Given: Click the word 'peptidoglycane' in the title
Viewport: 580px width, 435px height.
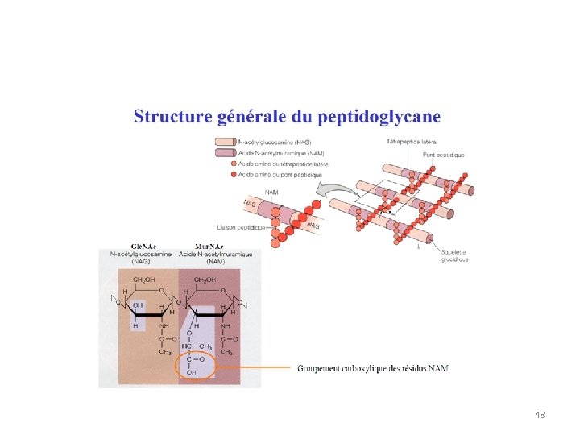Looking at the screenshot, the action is tap(379, 118).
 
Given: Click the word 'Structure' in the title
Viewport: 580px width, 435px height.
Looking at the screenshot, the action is tap(172, 117).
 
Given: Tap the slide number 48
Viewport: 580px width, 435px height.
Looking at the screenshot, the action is tap(540, 415).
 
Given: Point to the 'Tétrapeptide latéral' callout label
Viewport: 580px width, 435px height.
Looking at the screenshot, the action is tap(412, 142).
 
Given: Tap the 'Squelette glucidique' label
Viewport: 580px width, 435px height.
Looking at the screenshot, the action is tap(455, 255).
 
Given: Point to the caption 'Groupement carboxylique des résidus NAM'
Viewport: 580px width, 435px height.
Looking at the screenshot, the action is tap(373, 368).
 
